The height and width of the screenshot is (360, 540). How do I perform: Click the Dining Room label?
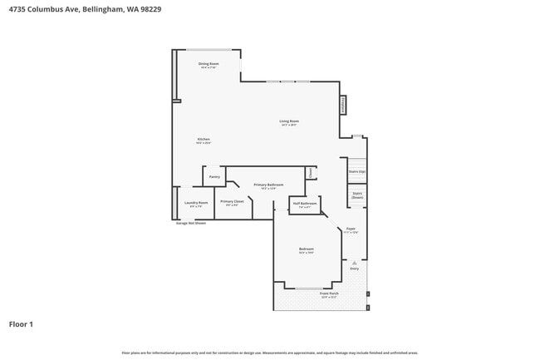click(208, 64)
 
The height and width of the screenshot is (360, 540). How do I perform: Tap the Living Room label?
click(289, 121)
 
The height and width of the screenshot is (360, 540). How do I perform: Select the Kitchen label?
click(204, 139)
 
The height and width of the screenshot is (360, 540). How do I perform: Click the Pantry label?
click(214, 176)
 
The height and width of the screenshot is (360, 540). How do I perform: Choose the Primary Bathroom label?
click(268, 185)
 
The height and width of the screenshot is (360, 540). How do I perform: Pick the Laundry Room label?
click(196, 202)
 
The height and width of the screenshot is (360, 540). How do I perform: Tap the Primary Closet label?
click(233, 201)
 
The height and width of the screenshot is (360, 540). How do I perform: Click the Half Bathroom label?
click(305, 203)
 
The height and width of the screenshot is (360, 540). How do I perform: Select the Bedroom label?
click(306, 249)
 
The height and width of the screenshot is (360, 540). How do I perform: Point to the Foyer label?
click(351, 229)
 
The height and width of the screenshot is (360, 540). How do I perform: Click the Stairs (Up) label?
click(356, 171)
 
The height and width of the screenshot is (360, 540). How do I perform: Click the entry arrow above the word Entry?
click(355, 262)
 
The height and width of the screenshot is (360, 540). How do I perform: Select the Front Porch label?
click(329, 293)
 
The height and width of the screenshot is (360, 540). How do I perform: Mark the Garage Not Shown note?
click(190, 223)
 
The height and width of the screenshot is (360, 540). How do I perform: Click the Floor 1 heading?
click(22, 323)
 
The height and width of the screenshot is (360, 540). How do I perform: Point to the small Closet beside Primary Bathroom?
click(311, 172)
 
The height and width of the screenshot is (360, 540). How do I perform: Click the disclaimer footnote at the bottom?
click(270, 353)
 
